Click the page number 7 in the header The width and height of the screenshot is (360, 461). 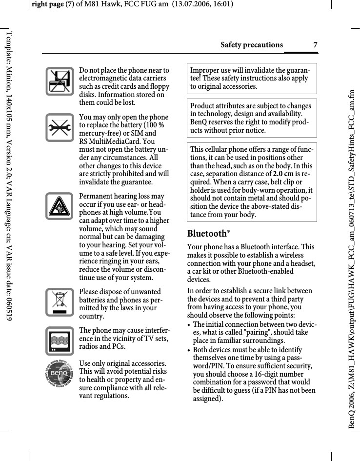point(315,45)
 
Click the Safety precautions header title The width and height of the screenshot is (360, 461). point(251,45)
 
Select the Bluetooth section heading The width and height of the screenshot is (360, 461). point(209,234)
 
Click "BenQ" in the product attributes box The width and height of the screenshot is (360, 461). point(200,122)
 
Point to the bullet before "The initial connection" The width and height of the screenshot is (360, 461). point(189,325)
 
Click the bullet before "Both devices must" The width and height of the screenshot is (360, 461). point(189,350)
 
